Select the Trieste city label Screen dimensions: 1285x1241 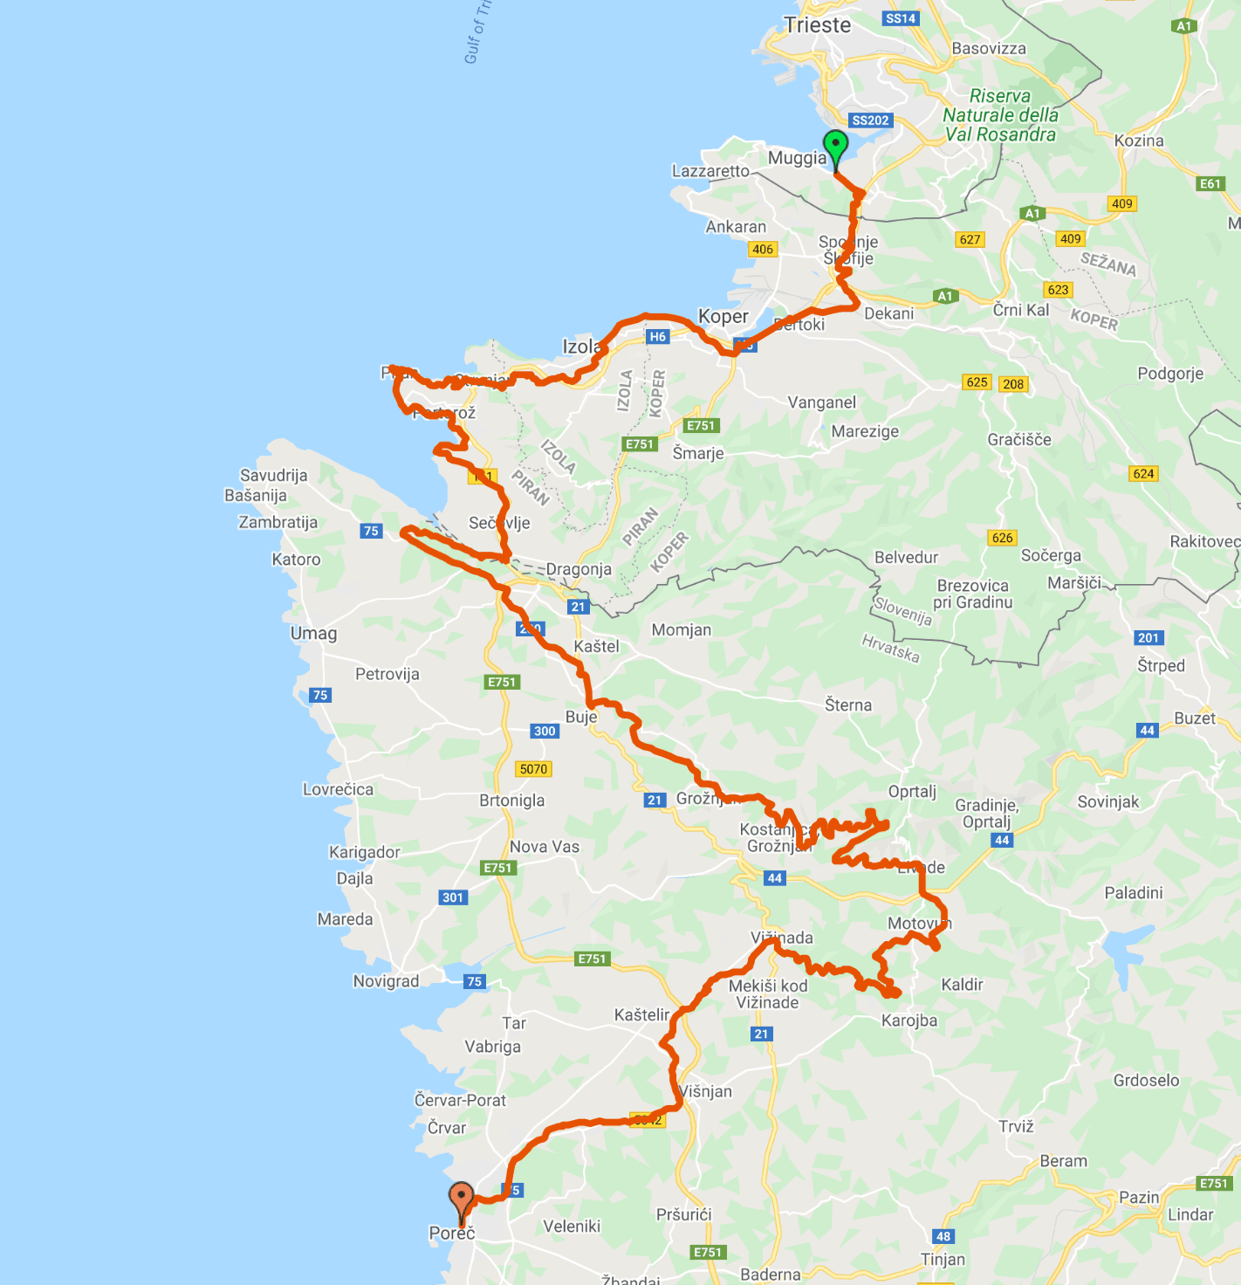[x=817, y=25]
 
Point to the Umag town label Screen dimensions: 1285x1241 [x=313, y=633]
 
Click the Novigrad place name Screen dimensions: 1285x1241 [x=386, y=981]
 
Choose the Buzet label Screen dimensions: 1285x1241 [x=1194, y=718]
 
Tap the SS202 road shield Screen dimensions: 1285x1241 [x=870, y=120]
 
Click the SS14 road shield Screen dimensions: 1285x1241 [x=900, y=18]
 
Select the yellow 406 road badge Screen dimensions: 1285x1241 [x=762, y=249]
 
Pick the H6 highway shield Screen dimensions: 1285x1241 [x=657, y=336]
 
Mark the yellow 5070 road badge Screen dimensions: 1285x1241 [x=533, y=769]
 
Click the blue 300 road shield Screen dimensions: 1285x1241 [x=545, y=731]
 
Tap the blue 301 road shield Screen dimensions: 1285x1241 [x=453, y=897]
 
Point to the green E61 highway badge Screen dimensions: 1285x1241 [x=1210, y=183]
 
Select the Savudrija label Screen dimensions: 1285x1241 [x=273, y=475]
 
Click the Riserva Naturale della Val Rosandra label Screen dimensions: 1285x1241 [x=1000, y=115]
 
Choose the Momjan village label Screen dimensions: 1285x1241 [x=681, y=629]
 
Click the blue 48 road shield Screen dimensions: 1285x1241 [x=943, y=1236]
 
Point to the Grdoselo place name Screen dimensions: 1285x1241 [x=1146, y=1080]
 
